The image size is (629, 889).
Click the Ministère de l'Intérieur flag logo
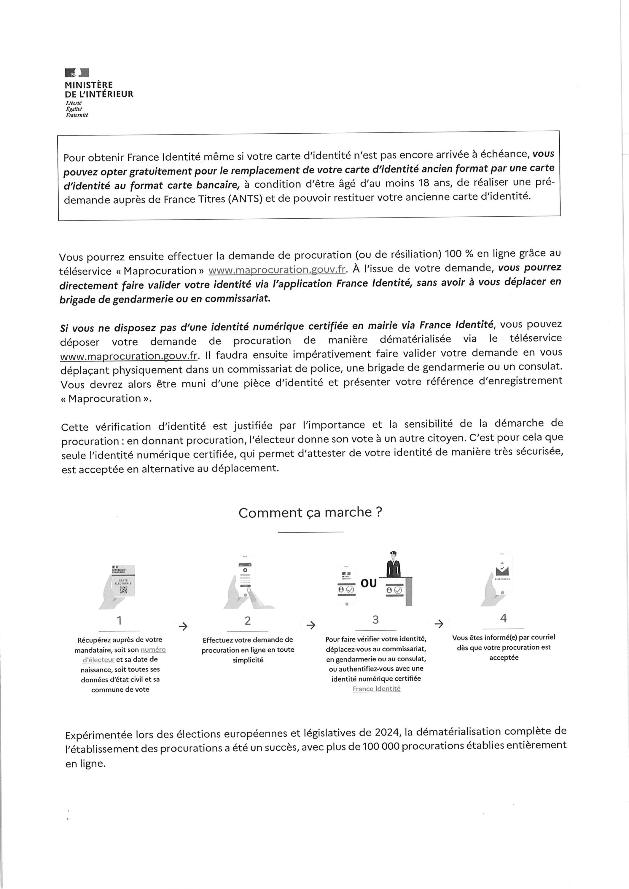77,72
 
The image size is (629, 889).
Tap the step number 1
120,621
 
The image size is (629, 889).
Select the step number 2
248,621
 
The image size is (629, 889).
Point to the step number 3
375,620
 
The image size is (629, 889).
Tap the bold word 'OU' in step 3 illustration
369,583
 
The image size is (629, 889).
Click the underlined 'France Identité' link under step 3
376,689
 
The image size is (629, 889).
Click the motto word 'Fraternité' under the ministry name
77,115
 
